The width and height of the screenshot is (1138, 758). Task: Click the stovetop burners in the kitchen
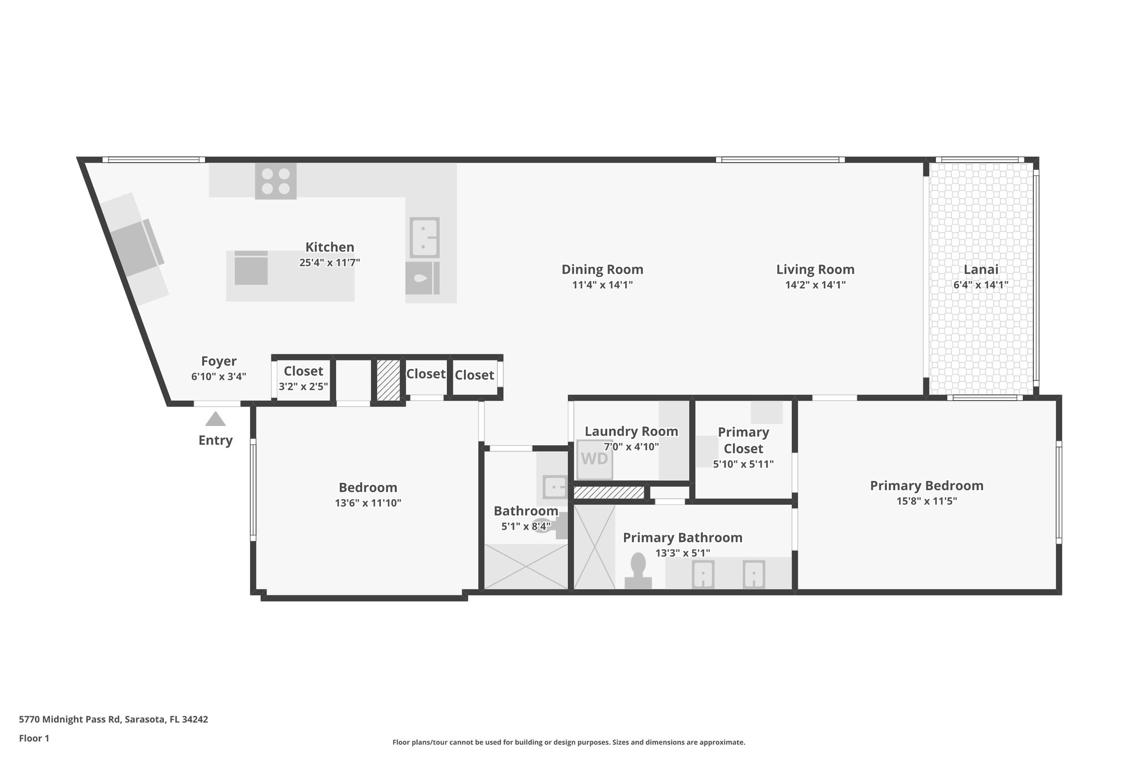pyautogui.click(x=276, y=181)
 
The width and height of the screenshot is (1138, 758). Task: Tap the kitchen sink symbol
pyautogui.click(x=425, y=237)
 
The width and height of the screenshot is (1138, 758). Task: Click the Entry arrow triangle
pyautogui.click(x=216, y=419)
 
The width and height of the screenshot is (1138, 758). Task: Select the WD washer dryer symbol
pyautogui.click(x=595, y=459)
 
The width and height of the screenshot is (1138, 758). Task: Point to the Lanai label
pyautogui.click(x=981, y=269)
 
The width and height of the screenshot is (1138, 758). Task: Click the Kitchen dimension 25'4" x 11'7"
pyautogui.click(x=330, y=263)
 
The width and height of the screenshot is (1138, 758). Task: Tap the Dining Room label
pyautogui.click(x=602, y=269)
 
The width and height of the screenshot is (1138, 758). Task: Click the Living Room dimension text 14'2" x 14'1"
pyautogui.click(x=815, y=285)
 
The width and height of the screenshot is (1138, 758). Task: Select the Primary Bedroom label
pyautogui.click(x=926, y=486)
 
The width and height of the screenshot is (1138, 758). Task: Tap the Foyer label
pyautogui.click(x=218, y=361)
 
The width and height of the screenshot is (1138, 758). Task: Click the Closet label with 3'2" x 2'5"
pyautogui.click(x=303, y=371)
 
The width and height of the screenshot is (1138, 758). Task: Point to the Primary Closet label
pyautogui.click(x=743, y=440)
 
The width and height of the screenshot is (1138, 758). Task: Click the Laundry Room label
pyautogui.click(x=631, y=431)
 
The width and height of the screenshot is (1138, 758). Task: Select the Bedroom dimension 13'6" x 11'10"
pyautogui.click(x=368, y=503)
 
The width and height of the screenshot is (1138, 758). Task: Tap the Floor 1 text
pyautogui.click(x=34, y=738)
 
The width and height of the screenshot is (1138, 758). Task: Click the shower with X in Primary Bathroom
pyautogui.click(x=595, y=546)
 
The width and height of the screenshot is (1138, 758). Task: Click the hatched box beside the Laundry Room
pyautogui.click(x=608, y=493)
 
